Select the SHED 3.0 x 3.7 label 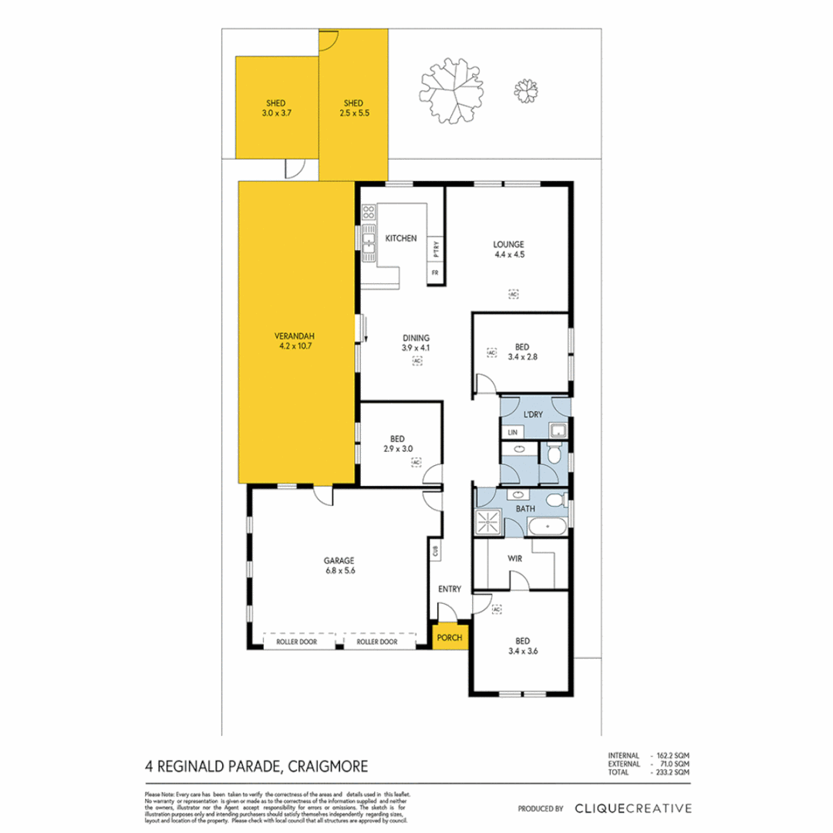pyautogui.click(x=276, y=107)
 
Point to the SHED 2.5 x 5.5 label pyautogui.click(x=353, y=107)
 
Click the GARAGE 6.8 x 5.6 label pyautogui.click(x=339, y=565)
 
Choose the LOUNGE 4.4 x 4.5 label pyautogui.click(x=509, y=250)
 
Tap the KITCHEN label pyautogui.click(x=401, y=238)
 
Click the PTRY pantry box pyautogui.click(x=436, y=249)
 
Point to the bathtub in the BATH pyautogui.click(x=547, y=528)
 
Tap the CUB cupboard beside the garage pyautogui.click(x=436, y=551)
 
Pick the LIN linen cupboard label pyautogui.click(x=511, y=432)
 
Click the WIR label pyautogui.click(x=516, y=557)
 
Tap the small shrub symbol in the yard pyautogui.click(x=527, y=91)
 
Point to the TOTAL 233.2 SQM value pyautogui.click(x=670, y=771)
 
